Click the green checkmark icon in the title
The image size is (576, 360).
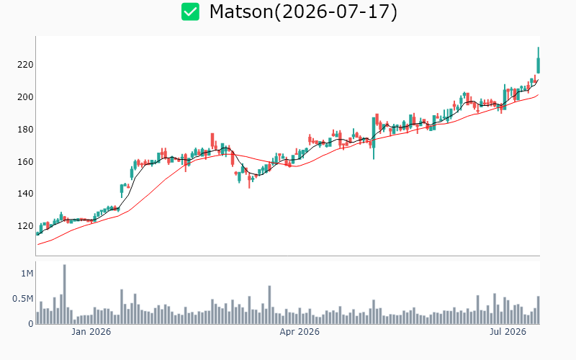[190, 12]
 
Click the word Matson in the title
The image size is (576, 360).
[241, 12]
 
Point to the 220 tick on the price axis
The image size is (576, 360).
[25, 65]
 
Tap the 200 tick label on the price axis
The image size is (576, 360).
[25, 97]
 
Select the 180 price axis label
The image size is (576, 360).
[25, 130]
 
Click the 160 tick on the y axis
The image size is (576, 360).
[25, 162]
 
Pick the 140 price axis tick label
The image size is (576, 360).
[25, 194]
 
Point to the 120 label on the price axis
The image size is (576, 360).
[25, 226]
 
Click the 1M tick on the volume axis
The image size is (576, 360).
[27, 274]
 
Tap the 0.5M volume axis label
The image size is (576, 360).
[23, 299]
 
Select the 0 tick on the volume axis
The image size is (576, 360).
[31, 324]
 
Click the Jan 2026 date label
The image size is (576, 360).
[91, 332]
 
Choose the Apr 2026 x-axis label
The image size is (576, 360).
[300, 332]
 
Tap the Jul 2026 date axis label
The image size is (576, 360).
[508, 332]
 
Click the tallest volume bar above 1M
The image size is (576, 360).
[65, 294]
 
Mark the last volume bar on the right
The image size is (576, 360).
[539, 310]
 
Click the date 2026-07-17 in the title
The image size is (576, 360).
[336, 12]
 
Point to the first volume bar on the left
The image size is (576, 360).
[38, 318]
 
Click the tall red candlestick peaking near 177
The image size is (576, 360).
[212, 141]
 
